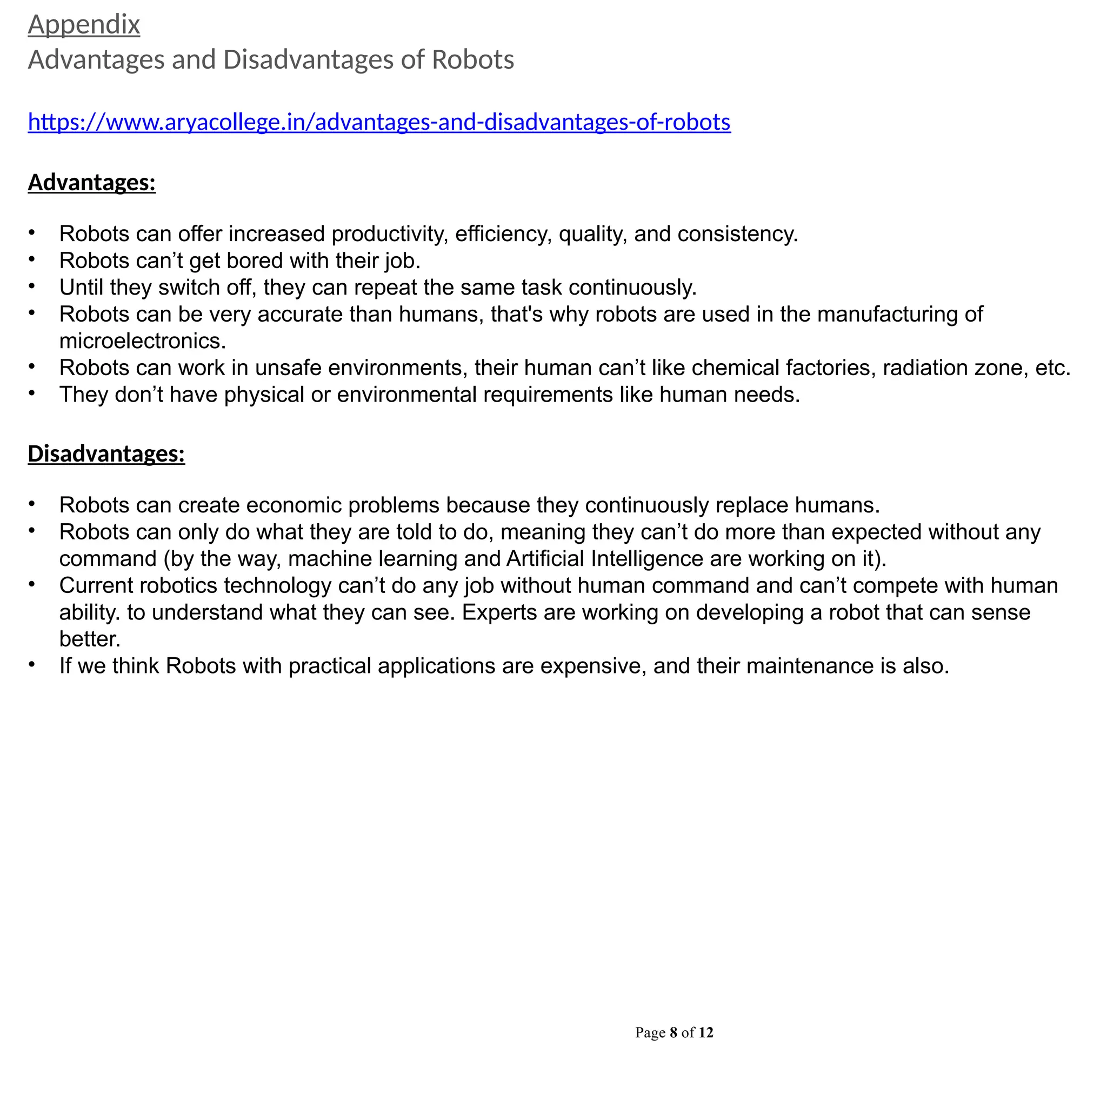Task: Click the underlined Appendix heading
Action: click(84, 25)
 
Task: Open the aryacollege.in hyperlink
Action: click(379, 122)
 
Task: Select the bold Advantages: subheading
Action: click(92, 183)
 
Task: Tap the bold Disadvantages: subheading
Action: click(106, 454)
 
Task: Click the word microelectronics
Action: click(142, 341)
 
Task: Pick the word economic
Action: click(294, 505)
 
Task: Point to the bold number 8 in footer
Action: click(673, 1032)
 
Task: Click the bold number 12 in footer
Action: click(706, 1032)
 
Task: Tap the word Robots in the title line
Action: click(473, 59)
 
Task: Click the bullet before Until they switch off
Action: click(32, 286)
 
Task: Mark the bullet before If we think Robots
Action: click(32, 665)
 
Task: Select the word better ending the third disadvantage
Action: click(89, 639)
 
